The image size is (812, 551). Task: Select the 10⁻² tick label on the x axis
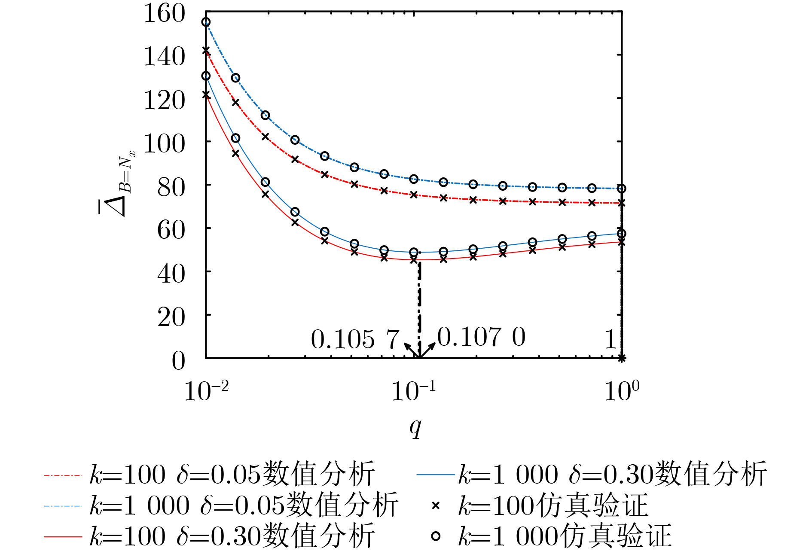[x=206, y=391]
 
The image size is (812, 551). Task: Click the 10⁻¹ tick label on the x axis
[x=413, y=391]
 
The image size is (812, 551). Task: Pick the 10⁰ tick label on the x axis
[x=621, y=391]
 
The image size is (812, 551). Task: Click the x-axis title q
[x=415, y=427]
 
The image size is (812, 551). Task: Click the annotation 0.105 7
[x=355, y=340]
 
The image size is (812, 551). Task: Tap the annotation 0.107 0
[x=481, y=337]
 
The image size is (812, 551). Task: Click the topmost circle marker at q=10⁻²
[x=206, y=22]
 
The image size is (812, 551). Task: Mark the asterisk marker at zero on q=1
[x=621, y=358]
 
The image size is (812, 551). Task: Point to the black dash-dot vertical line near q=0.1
[x=420, y=309]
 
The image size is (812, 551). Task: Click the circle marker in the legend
[x=436, y=536]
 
